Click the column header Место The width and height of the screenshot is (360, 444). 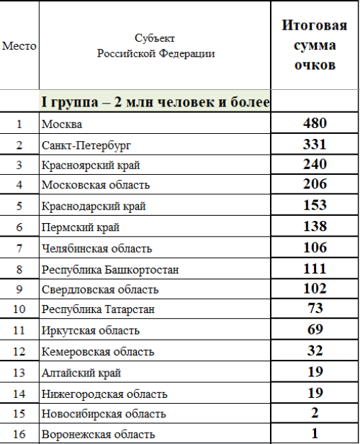point(19,46)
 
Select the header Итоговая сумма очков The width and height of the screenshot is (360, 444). point(315,46)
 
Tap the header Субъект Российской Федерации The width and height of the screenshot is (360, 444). point(155,46)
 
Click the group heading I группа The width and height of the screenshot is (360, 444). point(155,102)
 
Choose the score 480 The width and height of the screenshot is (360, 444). point(315,123)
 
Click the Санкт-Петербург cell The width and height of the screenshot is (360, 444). point(86,145)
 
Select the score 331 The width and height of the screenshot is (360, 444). point(315,144)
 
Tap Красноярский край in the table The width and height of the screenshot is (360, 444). point(91,166)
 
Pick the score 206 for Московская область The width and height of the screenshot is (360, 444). point(315,185)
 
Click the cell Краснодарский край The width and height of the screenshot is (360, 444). point(94,207)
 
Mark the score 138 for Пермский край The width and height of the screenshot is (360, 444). point(315,227)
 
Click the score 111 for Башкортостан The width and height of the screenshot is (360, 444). point(315,268)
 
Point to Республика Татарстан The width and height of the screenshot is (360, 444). point(98,310)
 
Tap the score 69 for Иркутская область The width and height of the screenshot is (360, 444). point(315,330)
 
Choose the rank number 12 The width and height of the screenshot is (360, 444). point(19,352)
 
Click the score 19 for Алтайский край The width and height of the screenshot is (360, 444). point(315,372)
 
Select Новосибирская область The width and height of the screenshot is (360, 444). point(104,414)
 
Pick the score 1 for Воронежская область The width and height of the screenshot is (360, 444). point(315,434)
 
